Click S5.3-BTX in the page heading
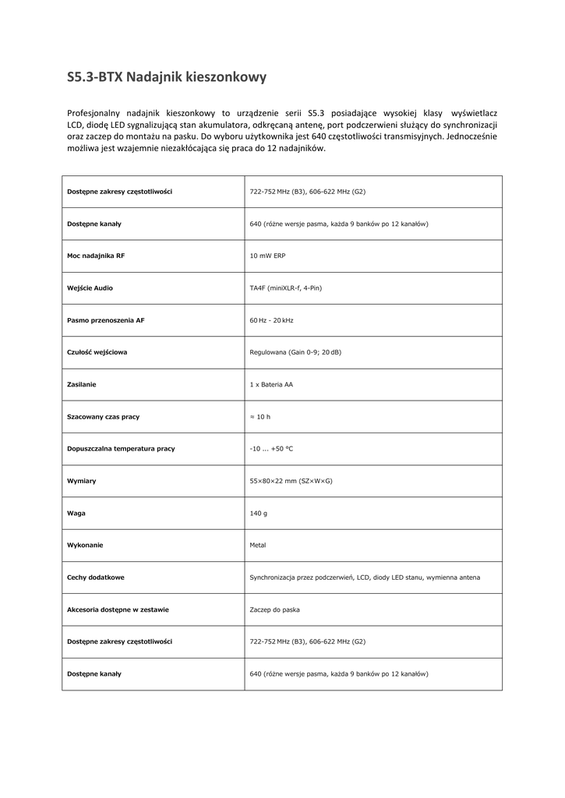point(94,77)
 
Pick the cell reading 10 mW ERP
point(267,256)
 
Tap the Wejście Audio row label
point(90,288)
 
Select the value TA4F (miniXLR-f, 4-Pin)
point(285,288)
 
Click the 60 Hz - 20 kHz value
point(271,320)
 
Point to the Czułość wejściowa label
point(97,352)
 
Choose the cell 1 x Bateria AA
point(271,384)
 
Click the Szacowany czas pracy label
point(104,417)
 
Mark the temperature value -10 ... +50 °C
point(271,449)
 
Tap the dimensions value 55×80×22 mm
point(291,481)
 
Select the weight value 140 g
point(258,513)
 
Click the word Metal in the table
point(258,546)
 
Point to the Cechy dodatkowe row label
point(96,577)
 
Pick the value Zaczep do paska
point(274,609)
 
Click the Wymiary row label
point(82,481)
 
